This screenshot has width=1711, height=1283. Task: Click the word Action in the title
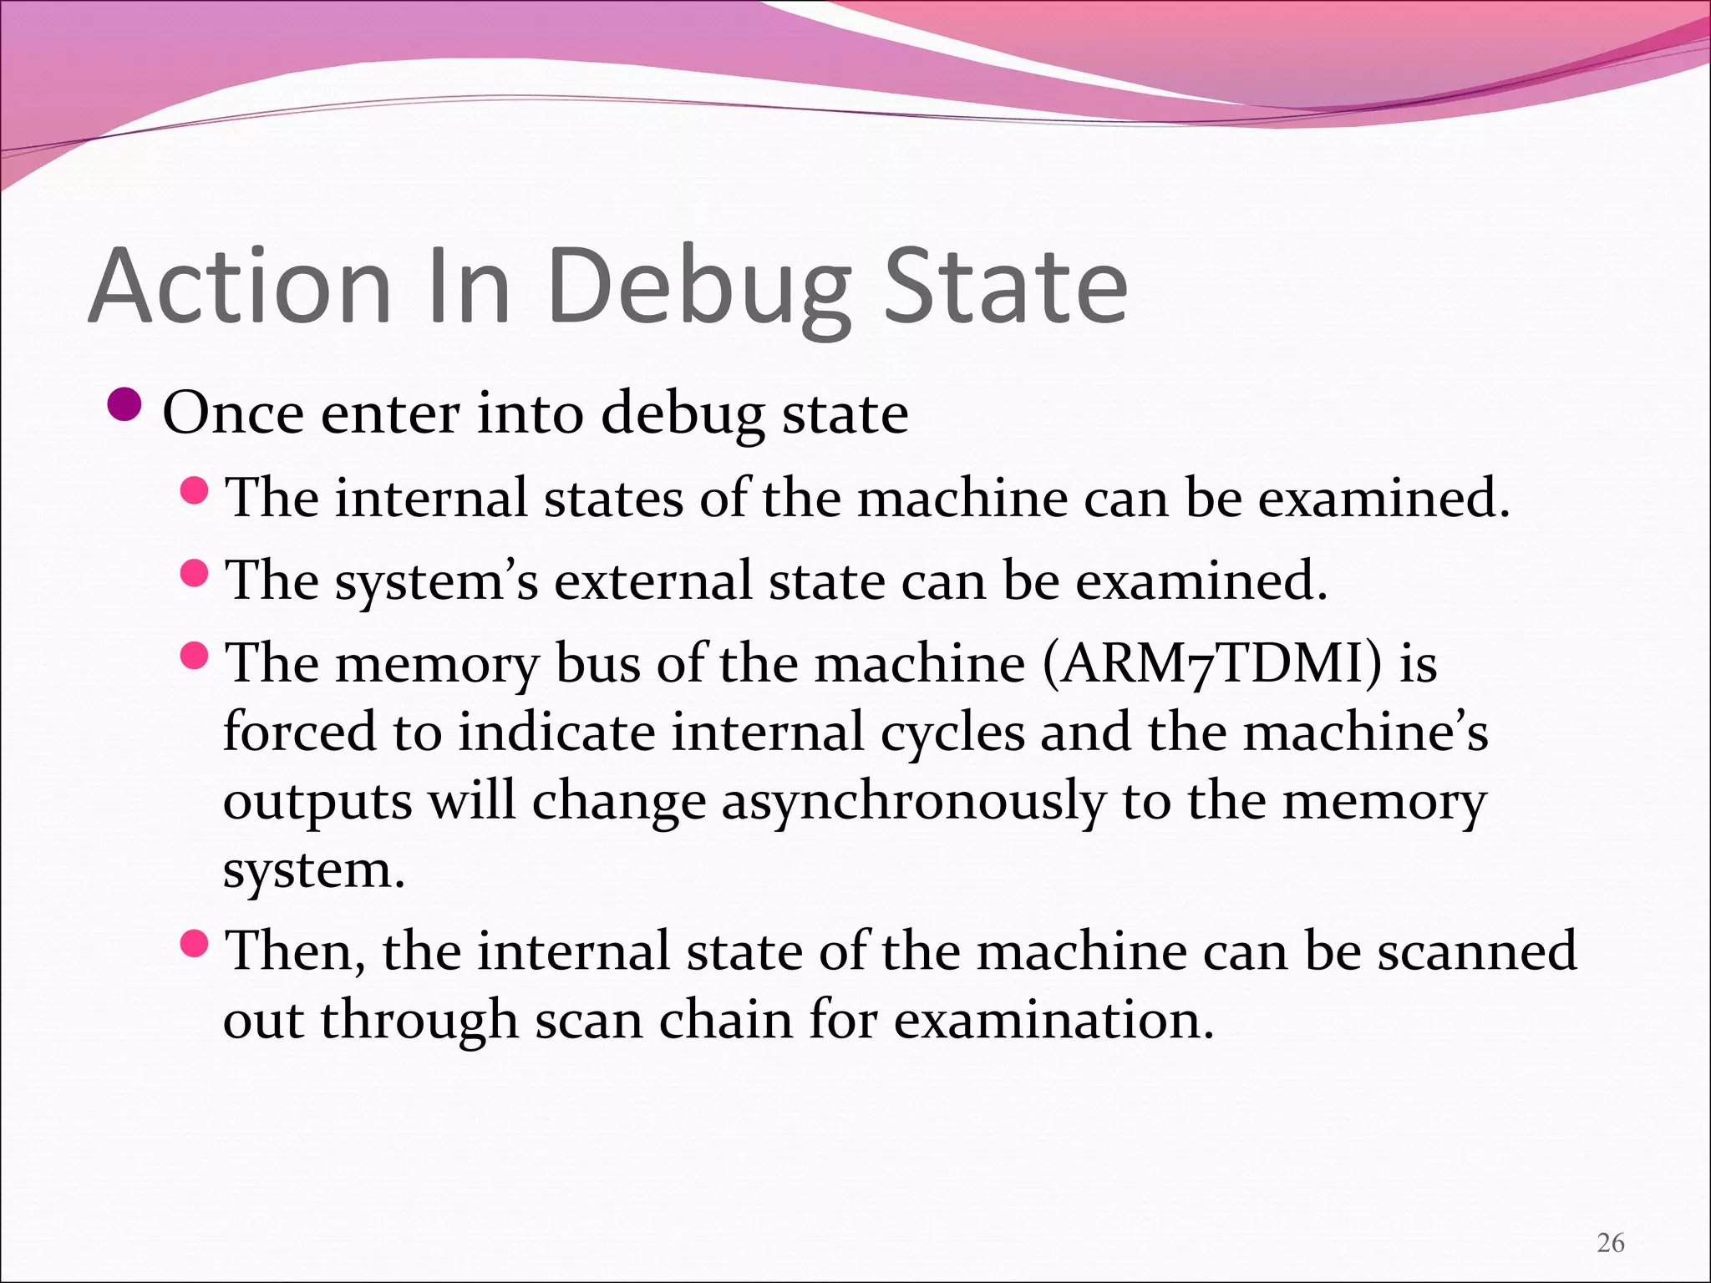[x=241, y=286]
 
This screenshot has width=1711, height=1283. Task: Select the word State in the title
[x=1006, y=286]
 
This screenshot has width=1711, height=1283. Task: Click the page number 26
[x=1610, y=1243]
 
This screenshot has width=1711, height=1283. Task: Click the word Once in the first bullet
[x=233, y=413]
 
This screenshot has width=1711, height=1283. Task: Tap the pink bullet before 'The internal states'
[x=194, y=490]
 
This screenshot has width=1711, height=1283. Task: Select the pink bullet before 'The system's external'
[x=194, y=573]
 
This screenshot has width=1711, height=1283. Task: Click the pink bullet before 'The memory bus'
[x=194, y=656]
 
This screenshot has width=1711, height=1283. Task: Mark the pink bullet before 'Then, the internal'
[x=194, y=944]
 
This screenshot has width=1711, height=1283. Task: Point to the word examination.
[x=1054, y=1021]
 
